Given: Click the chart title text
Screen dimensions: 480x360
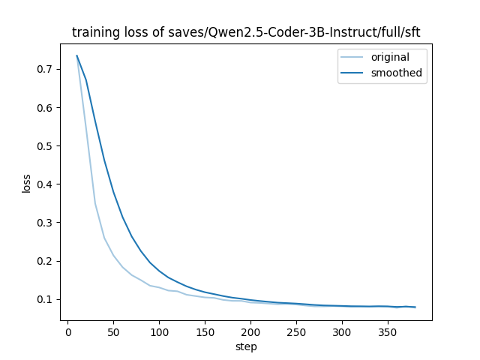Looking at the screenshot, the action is [x=246, y=32].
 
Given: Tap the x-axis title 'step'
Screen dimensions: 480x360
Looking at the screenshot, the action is [x=246, y=347].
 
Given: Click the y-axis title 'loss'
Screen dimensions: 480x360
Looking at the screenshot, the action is [x=26, y=183].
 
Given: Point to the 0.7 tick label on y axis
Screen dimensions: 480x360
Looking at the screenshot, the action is [x=44, y=70].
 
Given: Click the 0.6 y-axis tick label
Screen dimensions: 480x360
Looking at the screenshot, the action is [x=44, y=108].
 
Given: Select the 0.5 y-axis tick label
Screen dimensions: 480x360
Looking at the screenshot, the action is [x=44, y=146].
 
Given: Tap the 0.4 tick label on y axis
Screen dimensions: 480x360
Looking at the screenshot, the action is [x=44, y=184].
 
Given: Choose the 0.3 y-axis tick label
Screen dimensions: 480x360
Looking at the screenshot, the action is [x=44, y=223].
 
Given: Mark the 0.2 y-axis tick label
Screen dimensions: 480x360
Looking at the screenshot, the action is [x=44, y=261].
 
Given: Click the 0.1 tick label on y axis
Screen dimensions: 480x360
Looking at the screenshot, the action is [x=44, y=299].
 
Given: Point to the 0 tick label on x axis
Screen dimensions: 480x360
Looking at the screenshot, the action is [x=68, y=332].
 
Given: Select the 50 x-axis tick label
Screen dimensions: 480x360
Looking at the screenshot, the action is [x=113, y=332].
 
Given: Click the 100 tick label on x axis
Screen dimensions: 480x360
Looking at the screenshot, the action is [x=159, y=332].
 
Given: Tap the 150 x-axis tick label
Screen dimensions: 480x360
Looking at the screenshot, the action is [x=205, y=332].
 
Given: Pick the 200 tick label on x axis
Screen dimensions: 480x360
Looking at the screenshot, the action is [x=250, y=332].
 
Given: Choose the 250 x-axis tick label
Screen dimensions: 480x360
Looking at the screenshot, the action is [x=296, y=332].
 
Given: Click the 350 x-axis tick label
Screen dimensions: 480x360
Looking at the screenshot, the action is [x=388, y=332].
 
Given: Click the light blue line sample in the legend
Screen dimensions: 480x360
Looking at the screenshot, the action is [x=352, y=57].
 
